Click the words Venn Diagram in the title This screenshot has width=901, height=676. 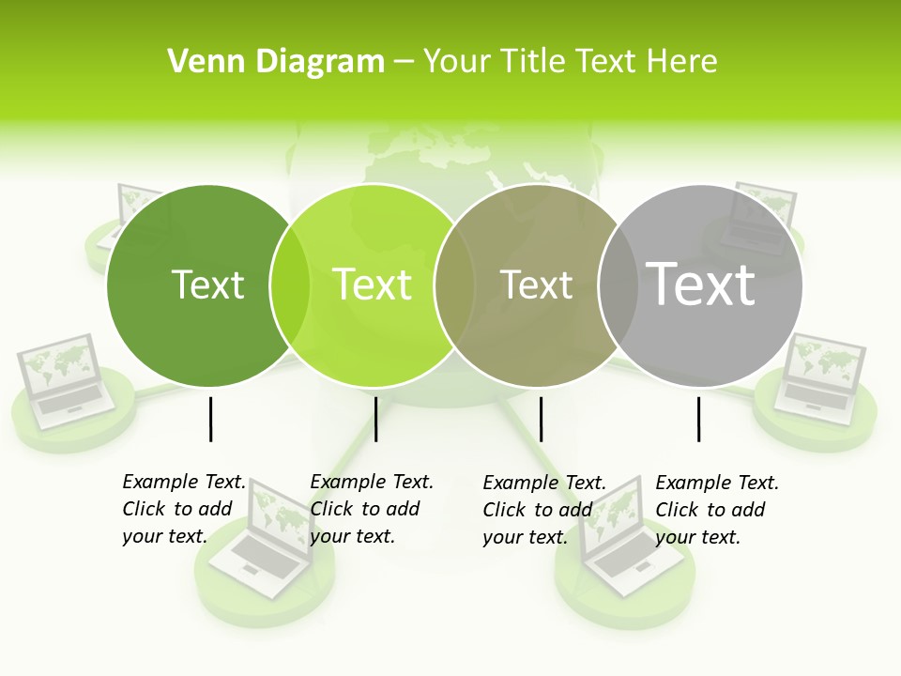(x=275, y=62)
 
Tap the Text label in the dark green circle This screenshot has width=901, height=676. (x=207, y=284)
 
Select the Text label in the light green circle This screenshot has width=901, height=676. (x=372, y=284)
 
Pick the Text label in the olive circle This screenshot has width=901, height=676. (x=536, y=284)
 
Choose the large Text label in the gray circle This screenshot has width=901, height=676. (x=700, y=284)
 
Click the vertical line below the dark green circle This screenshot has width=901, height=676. (x=210, y=419)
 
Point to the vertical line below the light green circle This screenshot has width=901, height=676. (x=375, y=419)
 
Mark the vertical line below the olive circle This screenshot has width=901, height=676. (x=541, y=419)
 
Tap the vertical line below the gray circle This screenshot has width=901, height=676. (x=698, y=419)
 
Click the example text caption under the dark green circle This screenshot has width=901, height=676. (x=184, y=509)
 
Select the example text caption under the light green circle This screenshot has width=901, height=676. (x=372, y=509)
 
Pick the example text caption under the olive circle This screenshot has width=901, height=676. (x=544, y=510)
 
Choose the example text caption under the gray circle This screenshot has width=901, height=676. (x=717, y=510)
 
